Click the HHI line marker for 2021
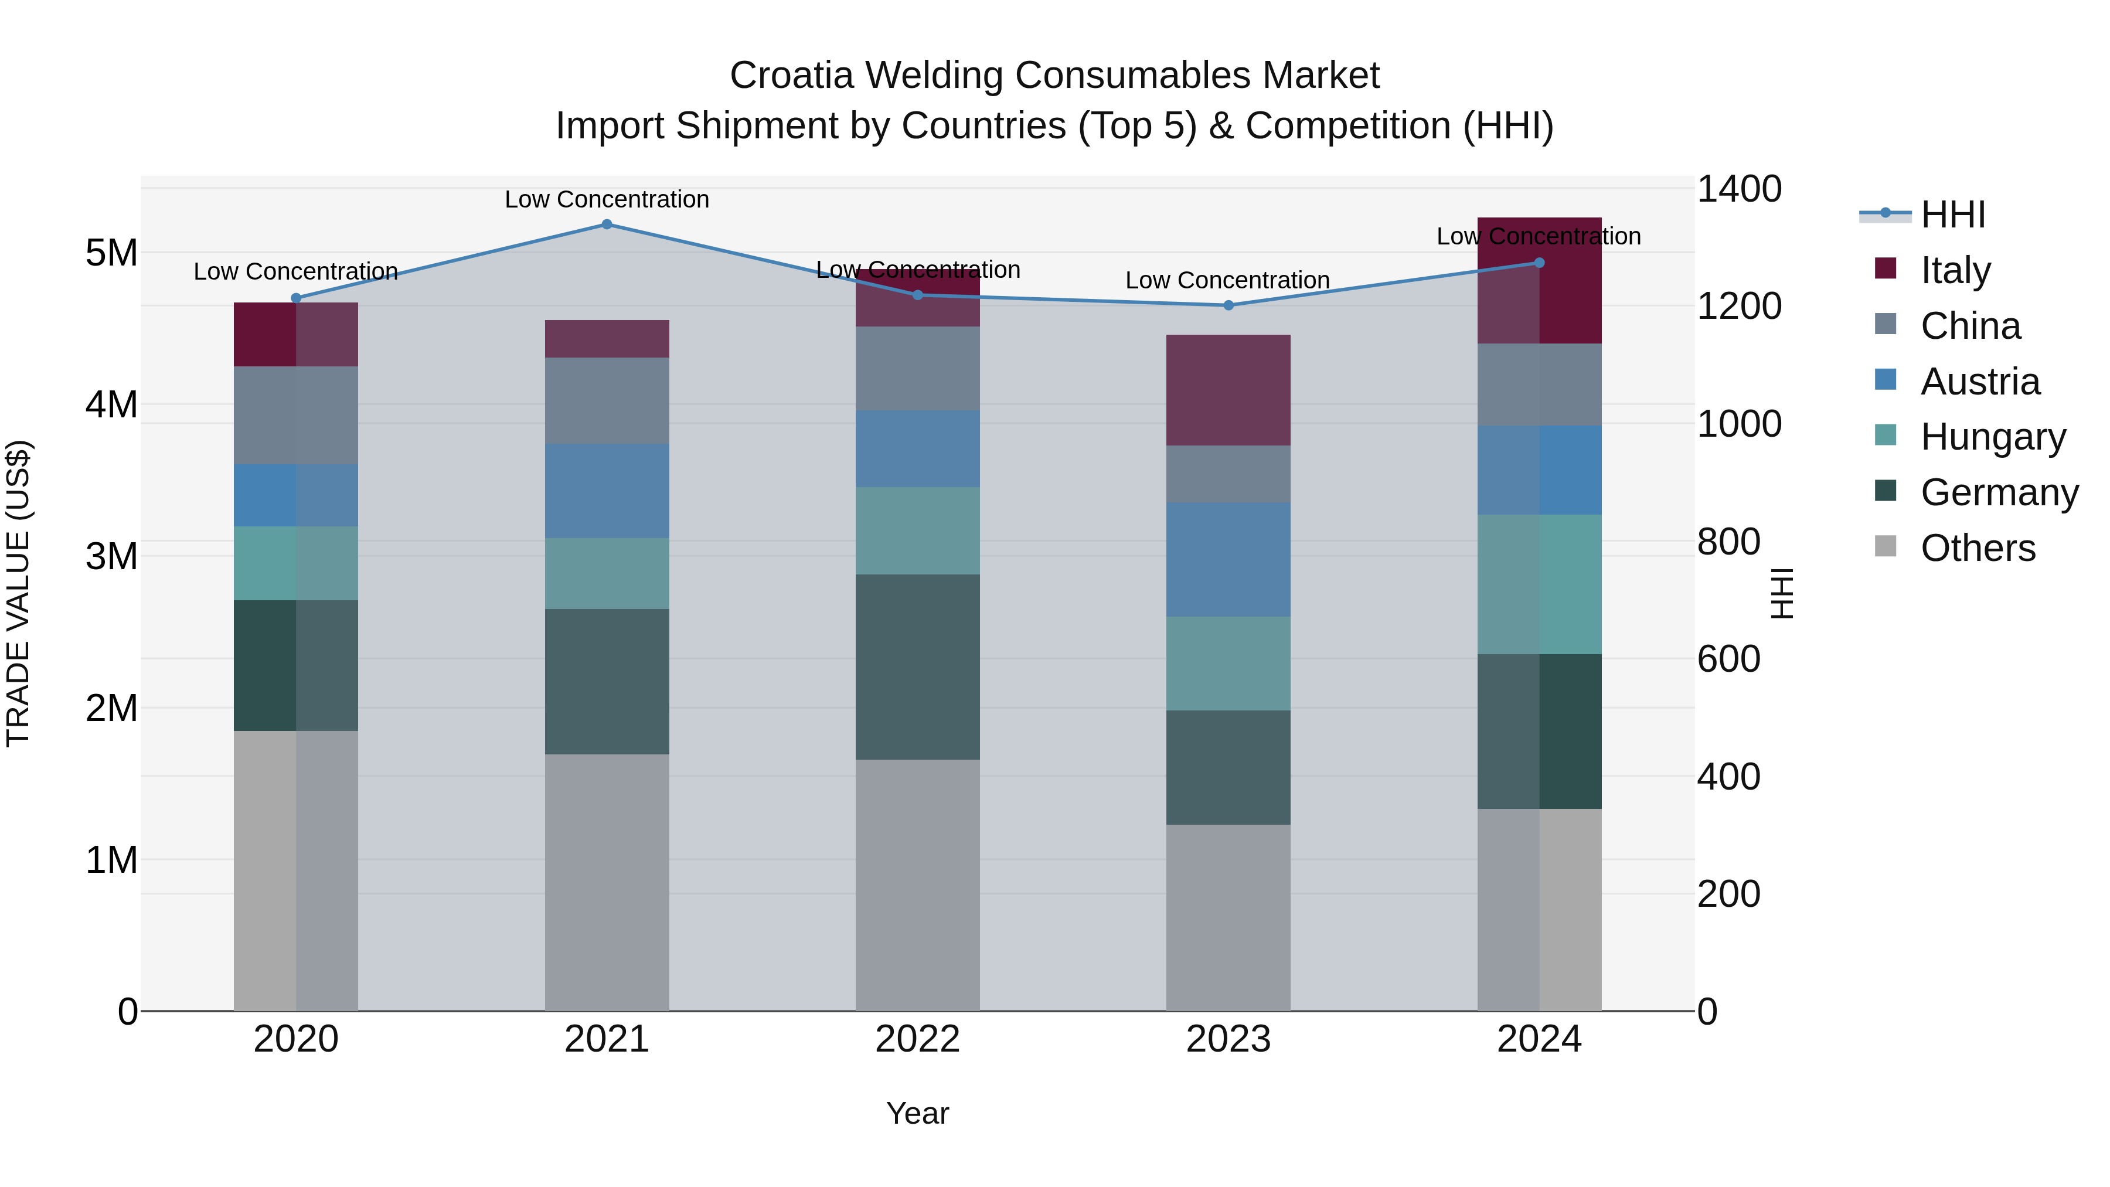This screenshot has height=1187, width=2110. click(x=607, y=225)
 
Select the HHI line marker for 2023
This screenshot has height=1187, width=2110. click(x=1228, y=305)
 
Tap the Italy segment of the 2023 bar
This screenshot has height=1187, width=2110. click(x=1228, y=390)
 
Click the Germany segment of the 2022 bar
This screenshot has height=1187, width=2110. click(x=917, y=667)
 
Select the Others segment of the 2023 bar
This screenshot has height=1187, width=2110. click(x=1228, y=917)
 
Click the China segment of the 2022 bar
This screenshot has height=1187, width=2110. click(x=917, y=369)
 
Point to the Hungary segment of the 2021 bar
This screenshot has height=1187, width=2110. click(x=607, y=573)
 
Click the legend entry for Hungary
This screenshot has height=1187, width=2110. click(x=1992, y=437)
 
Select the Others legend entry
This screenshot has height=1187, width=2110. click(x=1978, y=548)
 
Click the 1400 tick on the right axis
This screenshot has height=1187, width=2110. click(x=1738, y=189)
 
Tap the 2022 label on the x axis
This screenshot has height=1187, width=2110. click(x=917, y=1039)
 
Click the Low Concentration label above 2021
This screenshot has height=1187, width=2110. click(x=607, y=199)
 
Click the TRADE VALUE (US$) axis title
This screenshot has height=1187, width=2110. click(x=18, y=593)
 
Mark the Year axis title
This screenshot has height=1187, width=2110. click(x=917, y=1113)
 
